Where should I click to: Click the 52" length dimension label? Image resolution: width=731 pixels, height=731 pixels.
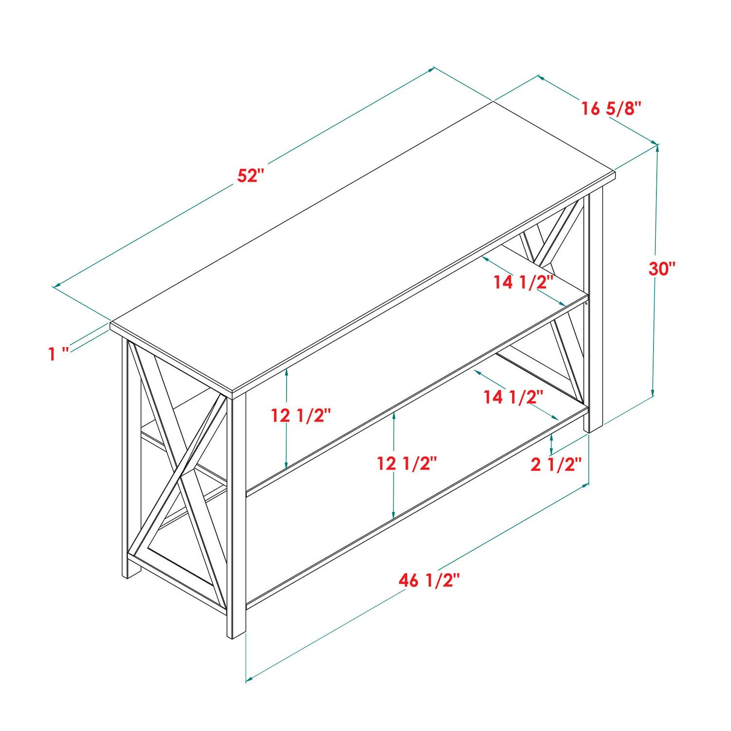point(250,175)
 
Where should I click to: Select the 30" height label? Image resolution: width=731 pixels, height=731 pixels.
point(662,269)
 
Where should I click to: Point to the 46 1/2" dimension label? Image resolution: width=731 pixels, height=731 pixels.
point(429,580)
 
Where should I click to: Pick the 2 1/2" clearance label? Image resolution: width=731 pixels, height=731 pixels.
point(556,465)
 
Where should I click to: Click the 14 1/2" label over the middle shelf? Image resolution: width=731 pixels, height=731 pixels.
point(523,282)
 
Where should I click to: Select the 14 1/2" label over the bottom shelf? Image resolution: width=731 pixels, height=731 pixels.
point(513,397)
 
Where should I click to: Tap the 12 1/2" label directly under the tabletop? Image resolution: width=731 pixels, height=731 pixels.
point(301,416)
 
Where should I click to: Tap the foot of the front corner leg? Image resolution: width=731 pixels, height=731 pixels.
point(236,635)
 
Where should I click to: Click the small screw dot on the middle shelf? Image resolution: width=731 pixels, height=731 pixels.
point(587,303)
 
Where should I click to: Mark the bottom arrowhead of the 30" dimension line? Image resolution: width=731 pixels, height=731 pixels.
point(652,393)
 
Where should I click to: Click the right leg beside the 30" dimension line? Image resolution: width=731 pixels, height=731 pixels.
point(596,312)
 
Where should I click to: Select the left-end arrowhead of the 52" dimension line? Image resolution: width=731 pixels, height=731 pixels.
point(56,286)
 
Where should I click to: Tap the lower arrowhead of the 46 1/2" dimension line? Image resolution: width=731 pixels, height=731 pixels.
point(249,678)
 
